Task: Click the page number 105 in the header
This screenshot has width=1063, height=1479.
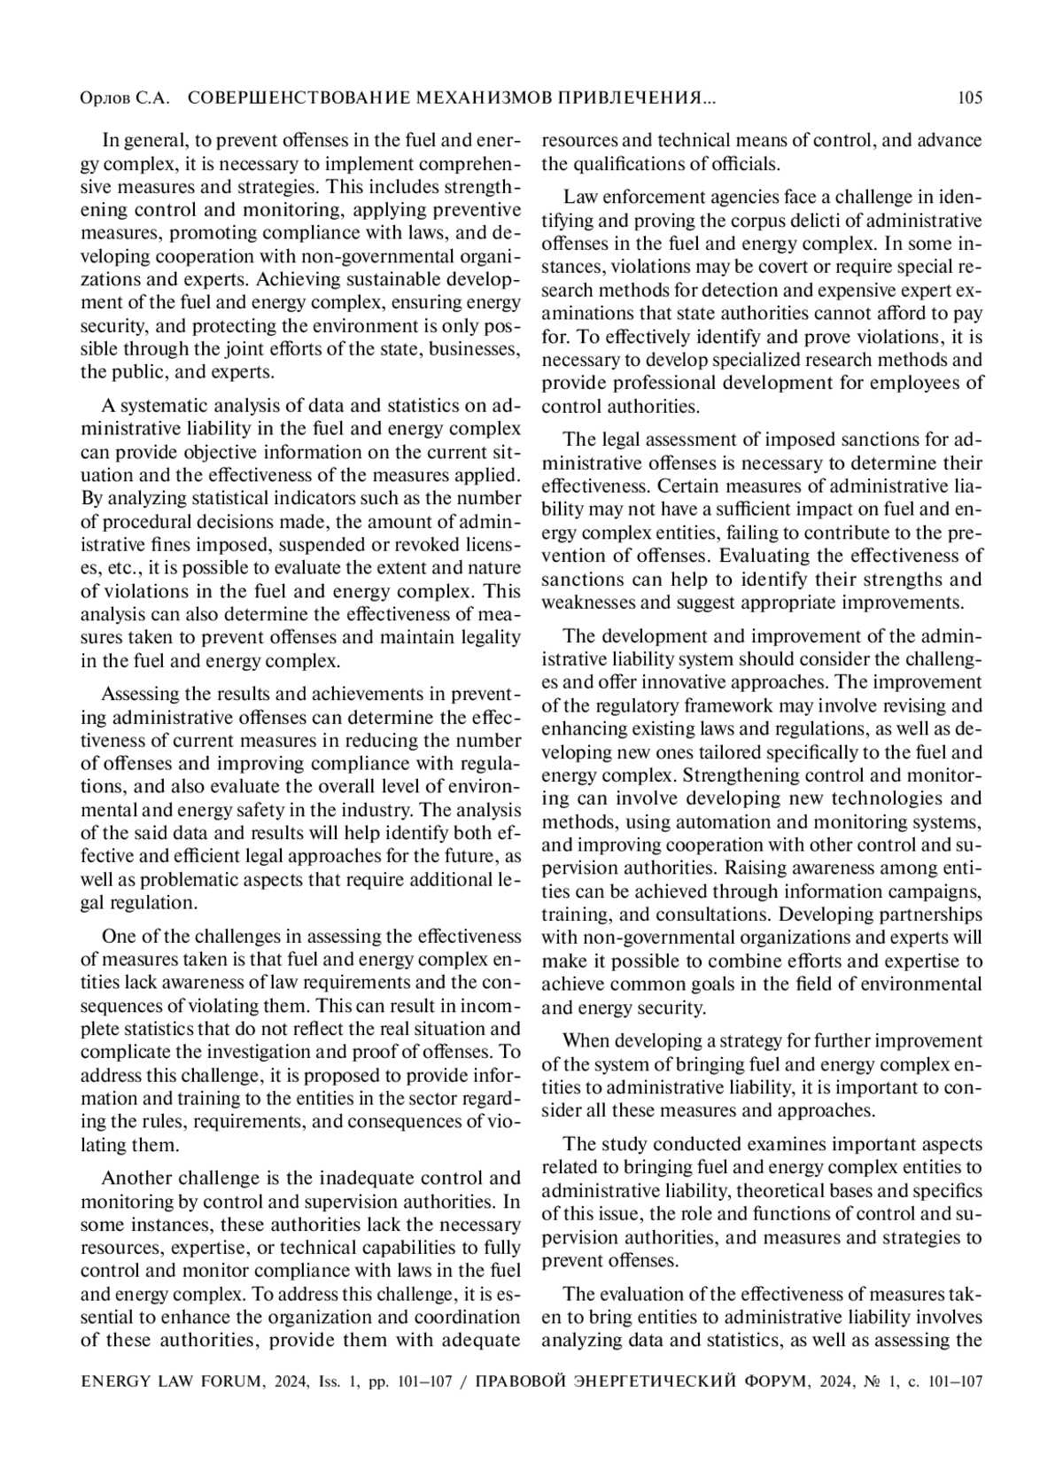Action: tap(970, 98)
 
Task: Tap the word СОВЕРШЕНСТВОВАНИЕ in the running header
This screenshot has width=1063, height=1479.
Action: tap(284, 98)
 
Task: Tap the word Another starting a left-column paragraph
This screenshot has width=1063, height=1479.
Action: tap(136, 1178)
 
